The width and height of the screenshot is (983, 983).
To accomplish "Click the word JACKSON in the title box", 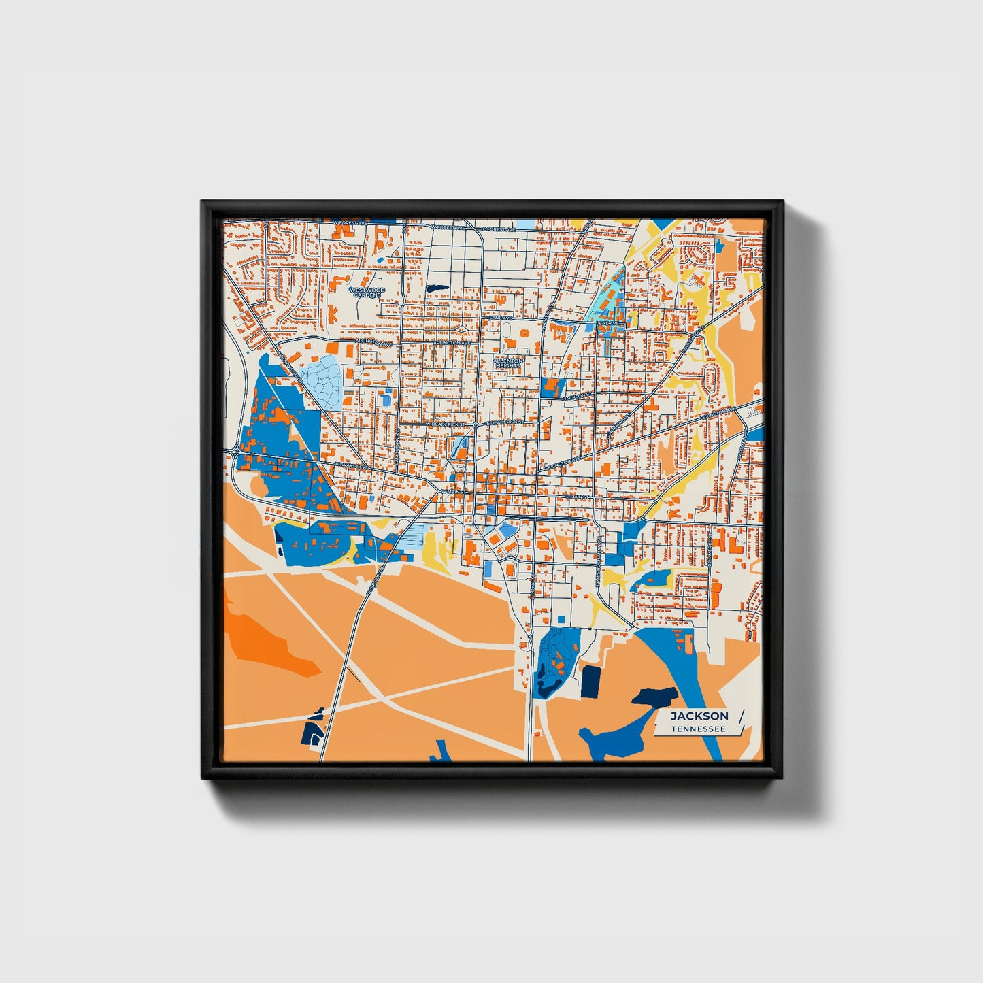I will coord(699,716).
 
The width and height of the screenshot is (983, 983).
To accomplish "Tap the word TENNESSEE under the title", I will coord(698,729).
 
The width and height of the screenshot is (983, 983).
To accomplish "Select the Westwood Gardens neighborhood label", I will coord(367,293).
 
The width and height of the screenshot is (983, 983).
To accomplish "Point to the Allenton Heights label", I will coord(508,363).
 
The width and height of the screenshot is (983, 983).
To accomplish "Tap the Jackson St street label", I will coord(579,394).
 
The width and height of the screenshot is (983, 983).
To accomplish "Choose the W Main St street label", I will coord(452,490).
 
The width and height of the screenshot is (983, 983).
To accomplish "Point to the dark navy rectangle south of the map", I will coord(590,682).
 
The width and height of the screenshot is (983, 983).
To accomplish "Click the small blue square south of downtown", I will coord(561,618).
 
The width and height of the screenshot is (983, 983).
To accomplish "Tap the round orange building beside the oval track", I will coord(525,333).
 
